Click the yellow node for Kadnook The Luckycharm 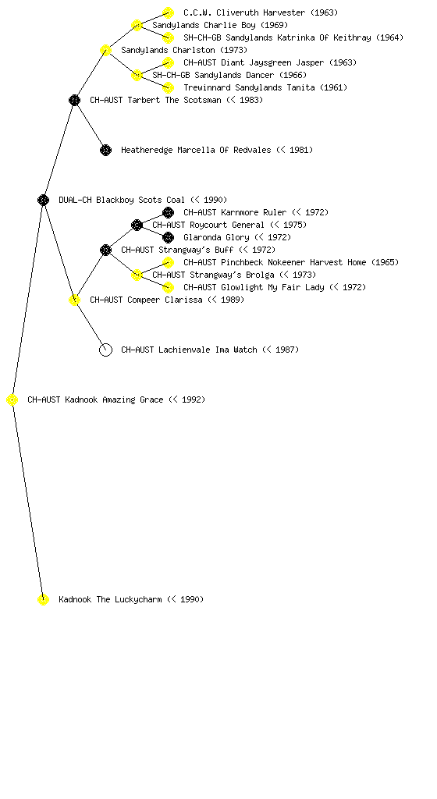point(43,599)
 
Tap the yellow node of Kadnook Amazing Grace point(12,400)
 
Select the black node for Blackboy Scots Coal point(43,200)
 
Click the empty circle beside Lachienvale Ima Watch point(105,350)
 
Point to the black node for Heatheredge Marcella point(105,150)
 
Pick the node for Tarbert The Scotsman point(74,100)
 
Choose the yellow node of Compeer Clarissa point(74,300)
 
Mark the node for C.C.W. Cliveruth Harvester point(168,12)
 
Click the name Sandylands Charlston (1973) point(184,50)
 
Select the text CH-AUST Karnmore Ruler point(235,212)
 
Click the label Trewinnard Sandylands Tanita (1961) point(265,87)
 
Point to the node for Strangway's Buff point(105,250)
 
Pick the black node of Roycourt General point(137,225)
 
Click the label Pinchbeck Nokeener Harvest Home point(293,262)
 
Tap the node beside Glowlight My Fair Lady point(168,287)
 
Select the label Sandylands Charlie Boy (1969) point(220,25)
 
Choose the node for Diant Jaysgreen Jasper point(168,62)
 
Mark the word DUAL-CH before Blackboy point(75,200)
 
